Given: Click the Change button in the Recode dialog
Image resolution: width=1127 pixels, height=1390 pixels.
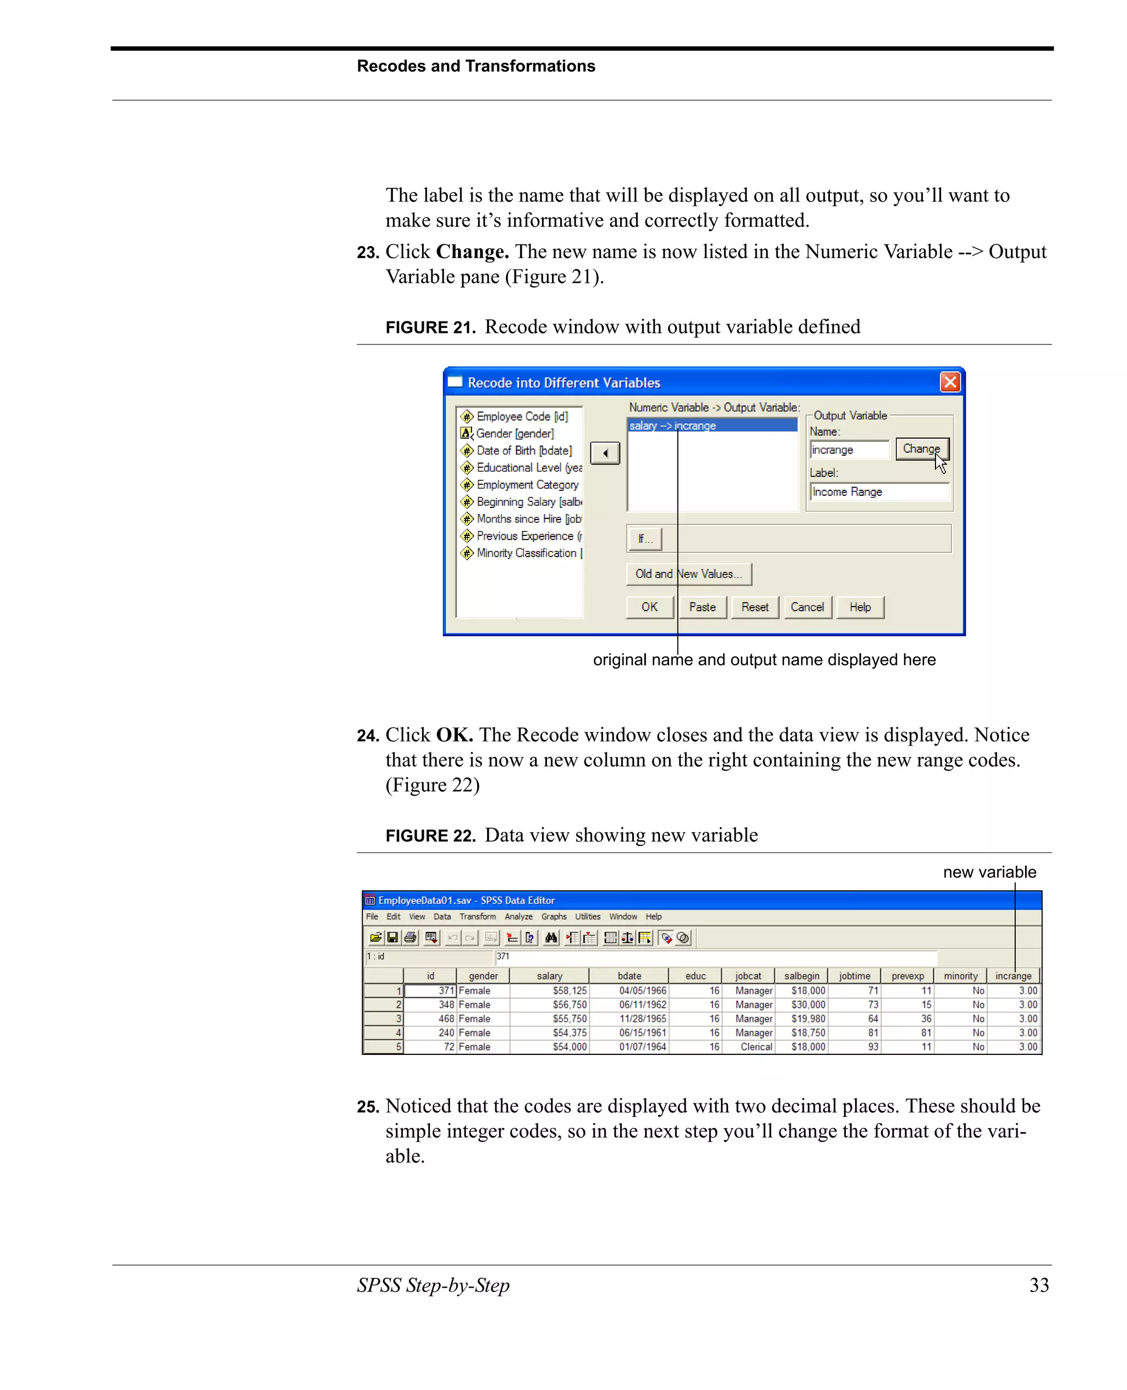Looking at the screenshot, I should (x=921, y=448).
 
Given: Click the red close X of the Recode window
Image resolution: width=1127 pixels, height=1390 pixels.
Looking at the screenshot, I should (x=950, y=382).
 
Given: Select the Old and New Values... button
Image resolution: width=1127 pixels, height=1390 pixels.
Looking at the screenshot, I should (x=688, y=574).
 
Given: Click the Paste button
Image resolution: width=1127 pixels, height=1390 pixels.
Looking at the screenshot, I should (x=702, y=607).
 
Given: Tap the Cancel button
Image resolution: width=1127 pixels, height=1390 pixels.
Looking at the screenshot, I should (x=807, y=607).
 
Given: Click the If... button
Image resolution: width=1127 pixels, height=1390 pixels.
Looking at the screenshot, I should (x=644, y=539).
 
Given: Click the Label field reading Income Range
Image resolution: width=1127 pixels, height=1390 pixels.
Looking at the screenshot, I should (x=878, y=492).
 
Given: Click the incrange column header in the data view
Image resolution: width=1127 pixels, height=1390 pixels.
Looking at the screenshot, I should (x=1013, y=976).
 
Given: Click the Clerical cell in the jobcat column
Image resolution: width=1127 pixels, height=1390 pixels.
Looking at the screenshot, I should (x=756, y=1047).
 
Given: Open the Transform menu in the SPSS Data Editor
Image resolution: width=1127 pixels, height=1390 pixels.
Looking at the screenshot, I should (x=477, y=917).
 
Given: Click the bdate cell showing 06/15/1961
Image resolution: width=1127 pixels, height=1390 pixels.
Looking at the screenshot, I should (x=642, y=1033).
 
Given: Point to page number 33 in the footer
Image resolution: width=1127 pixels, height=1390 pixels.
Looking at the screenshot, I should (x=1039, y=1285).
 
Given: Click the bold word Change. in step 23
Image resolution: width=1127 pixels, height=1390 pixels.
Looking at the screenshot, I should (x=472, y=252).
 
